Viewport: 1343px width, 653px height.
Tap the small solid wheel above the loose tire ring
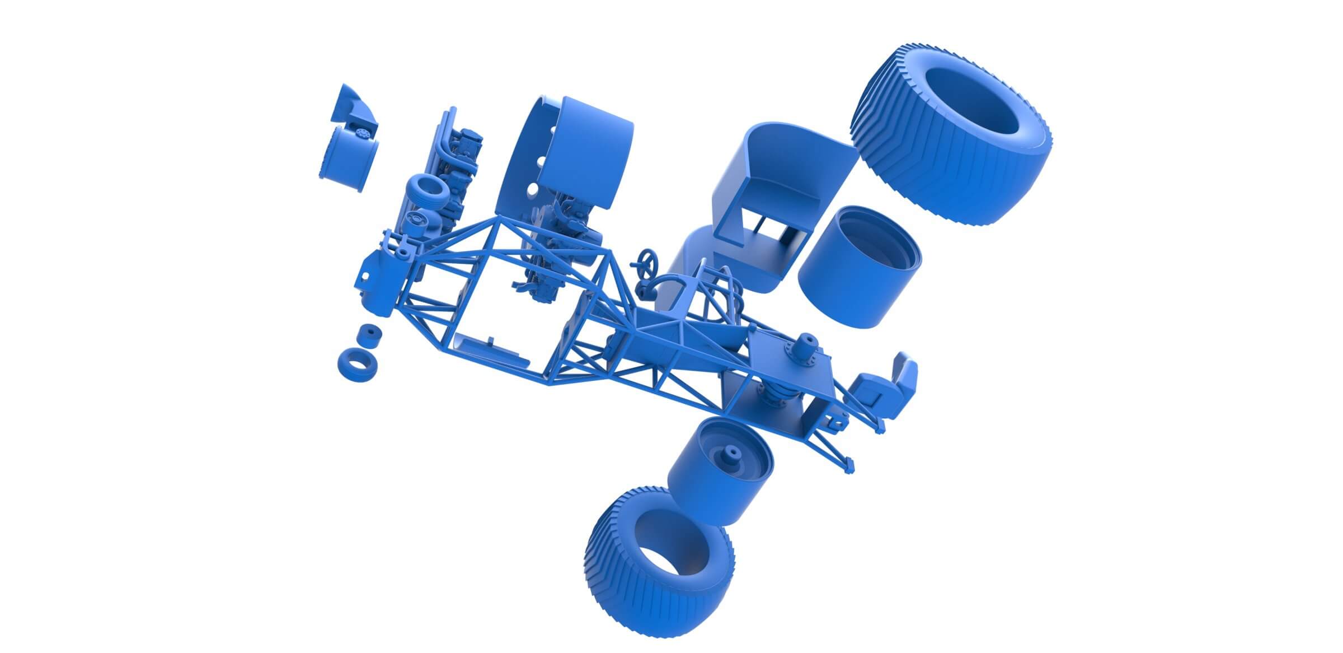[x=369, y=336]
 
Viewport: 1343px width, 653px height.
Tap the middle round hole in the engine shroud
[x=542, y=162]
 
